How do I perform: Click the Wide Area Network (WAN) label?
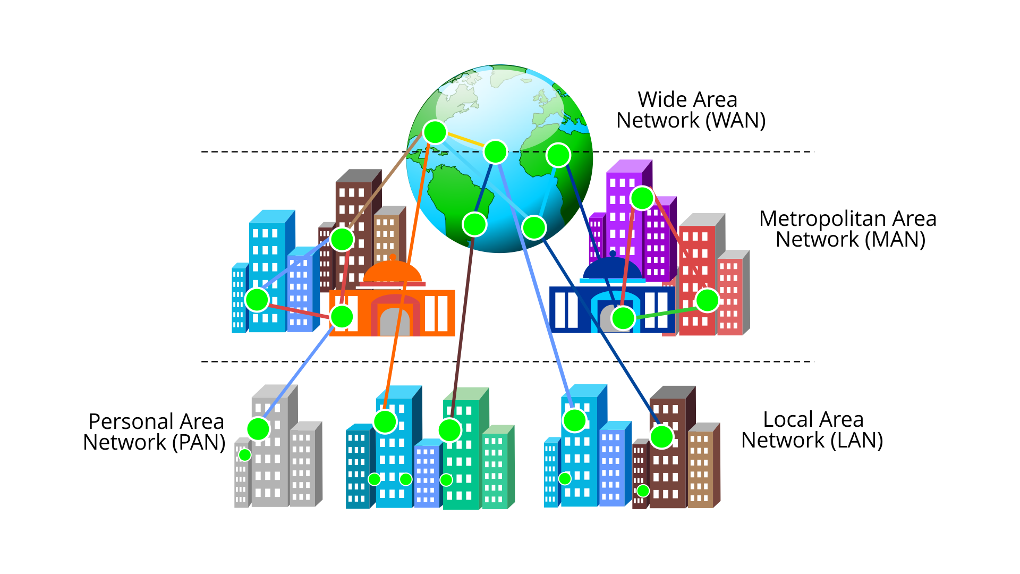[x=690, y=110]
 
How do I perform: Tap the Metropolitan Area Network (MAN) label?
[x=848, y=229]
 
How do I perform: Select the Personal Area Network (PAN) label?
[x=155, y=432]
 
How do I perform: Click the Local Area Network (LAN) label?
[x=812, y=429]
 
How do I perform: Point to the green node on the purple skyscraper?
[x=642, y=198]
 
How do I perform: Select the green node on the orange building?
[x=342, y=317]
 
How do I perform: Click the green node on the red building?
[x=707, y=300]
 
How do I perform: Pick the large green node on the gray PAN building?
[x=258, y=428]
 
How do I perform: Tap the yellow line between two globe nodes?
[x=465, y=142]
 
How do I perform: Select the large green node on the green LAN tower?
[x=449, y=430]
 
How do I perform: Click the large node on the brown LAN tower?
[x=662, y=437]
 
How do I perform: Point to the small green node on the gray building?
[x=244, y=454]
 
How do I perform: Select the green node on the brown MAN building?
[x=342, y=239]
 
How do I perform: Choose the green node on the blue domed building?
[x=623, y=318]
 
